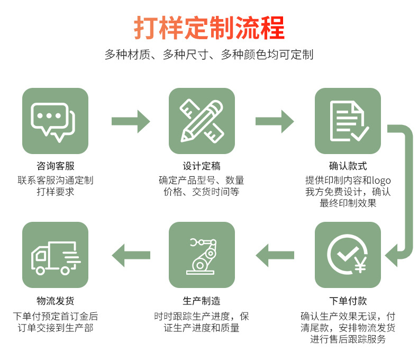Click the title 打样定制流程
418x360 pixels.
[209, 28]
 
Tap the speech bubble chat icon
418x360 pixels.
[55, 121]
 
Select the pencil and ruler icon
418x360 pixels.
[202, 121]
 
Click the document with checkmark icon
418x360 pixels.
[348, 121]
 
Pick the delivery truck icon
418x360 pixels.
[55, 255]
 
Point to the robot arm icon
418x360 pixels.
[202, 255]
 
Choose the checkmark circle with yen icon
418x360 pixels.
[348, 255]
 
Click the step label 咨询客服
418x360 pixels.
[55, 167]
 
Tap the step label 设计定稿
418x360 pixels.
[202, 167]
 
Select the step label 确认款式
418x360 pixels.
[348, 167]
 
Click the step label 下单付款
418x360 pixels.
[348, 301]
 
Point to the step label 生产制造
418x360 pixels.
[202, 301]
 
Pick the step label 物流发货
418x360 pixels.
[55, 301]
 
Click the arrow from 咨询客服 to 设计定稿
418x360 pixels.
[130, 121]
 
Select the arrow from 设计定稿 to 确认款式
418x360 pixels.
[275, 121]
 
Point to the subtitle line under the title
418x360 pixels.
[209, 55]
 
